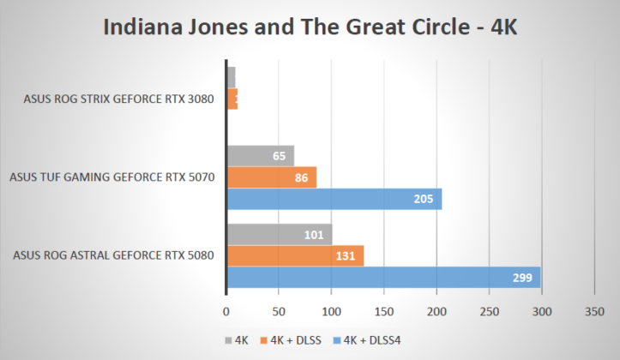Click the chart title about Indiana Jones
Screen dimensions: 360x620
point(310,27)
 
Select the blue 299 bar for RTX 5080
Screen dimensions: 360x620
point(382,278)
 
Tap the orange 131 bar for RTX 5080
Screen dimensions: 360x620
point(295,255)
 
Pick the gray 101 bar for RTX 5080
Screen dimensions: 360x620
point(279,234)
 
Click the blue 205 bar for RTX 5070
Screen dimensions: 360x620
point(334,199)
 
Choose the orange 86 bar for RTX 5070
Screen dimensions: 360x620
point(271,177)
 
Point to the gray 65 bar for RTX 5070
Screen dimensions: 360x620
point(260,156)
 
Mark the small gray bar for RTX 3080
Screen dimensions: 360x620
point(231,77)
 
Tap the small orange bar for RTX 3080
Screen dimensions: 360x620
point(232,99)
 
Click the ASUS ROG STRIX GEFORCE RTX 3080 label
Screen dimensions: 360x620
point(118,99)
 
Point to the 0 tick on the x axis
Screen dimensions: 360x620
point(226,313)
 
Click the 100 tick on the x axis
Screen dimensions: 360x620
point(332,313)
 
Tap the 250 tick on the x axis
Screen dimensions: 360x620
point(490,313)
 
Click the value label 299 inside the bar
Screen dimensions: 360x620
point(522,278)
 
